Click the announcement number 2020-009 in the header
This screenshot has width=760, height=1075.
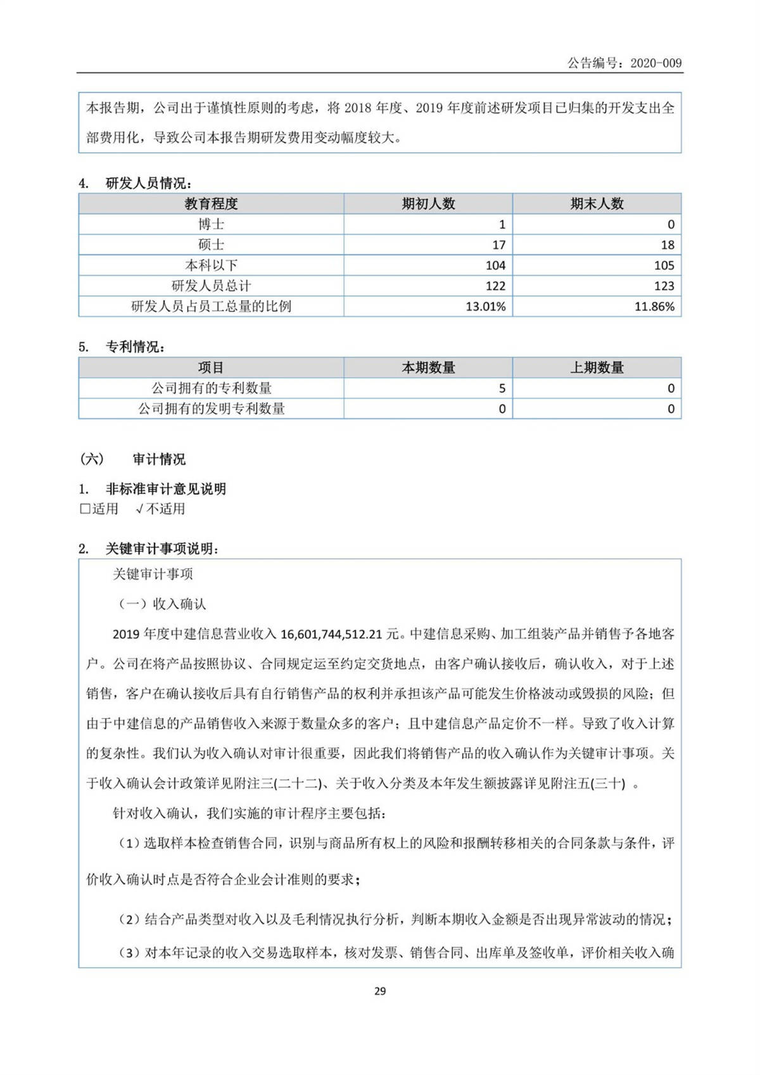tap(655, 63)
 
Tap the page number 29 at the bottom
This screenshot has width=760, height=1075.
tap(380, 991)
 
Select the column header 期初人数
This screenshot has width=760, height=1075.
tap(428, 203)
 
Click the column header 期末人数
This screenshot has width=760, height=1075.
tap(597, 203)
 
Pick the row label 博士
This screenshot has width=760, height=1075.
tap(211, 224)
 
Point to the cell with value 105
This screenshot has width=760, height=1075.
tap(664, 265)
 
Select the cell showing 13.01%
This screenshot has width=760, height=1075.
tap(485, 307)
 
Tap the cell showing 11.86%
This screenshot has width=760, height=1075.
tap(654, 307)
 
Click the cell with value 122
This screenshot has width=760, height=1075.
tap(495, 286)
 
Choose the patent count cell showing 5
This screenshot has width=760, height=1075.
tap(502, 388)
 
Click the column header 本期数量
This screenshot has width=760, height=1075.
tap(428, 367)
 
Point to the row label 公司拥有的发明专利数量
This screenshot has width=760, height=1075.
tap(211, 409)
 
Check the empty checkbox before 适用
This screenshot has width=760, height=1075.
tap(85, 509)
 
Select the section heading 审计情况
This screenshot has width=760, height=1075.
tap(159, 459)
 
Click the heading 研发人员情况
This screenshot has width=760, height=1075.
tap(148, 184)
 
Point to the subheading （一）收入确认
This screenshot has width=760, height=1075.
tap(162, 604)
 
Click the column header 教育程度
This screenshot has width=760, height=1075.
tap(211, 203)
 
